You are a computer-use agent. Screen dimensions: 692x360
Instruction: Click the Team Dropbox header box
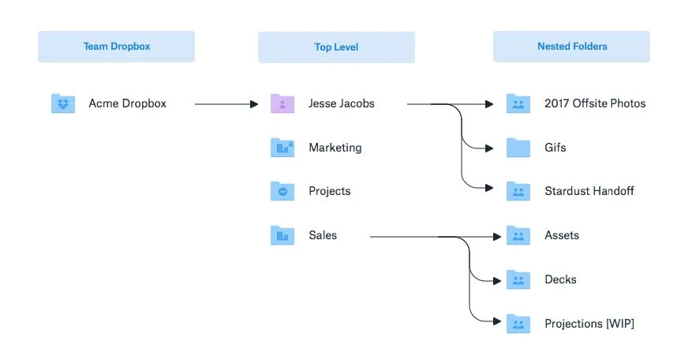(116, 47)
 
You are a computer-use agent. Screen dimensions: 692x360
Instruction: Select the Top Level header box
(336, 47)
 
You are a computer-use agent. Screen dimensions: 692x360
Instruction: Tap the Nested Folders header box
(571, 47)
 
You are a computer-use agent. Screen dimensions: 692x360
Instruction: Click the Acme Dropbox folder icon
(62, 103)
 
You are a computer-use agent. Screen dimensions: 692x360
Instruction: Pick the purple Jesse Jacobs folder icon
(282, 103)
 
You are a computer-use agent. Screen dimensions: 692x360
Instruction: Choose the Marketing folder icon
(282, 147)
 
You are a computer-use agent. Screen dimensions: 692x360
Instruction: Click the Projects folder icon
(282, 191)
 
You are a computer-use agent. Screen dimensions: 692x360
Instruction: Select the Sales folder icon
(282, 235)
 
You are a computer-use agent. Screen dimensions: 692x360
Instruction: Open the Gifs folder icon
(518, 147)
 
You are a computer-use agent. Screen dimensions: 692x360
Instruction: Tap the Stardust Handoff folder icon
(518, 191)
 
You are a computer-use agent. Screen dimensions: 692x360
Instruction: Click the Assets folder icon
(518, 235)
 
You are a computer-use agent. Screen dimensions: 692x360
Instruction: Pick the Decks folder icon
(518, 279)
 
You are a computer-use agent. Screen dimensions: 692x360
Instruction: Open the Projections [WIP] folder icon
(518, 324)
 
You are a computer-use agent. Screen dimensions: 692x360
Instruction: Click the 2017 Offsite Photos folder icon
(518, 103)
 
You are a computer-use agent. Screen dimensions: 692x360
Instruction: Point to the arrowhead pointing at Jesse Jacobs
(254, 104)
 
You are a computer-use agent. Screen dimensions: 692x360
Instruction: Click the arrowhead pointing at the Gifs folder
(489, 148)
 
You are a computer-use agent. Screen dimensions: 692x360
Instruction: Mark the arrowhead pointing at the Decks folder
(497, 281)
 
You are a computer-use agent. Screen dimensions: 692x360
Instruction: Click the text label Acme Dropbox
(128, 103)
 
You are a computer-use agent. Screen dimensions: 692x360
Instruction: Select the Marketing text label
(335, 148)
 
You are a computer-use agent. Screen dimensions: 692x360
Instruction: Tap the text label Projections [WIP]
(589, 324)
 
